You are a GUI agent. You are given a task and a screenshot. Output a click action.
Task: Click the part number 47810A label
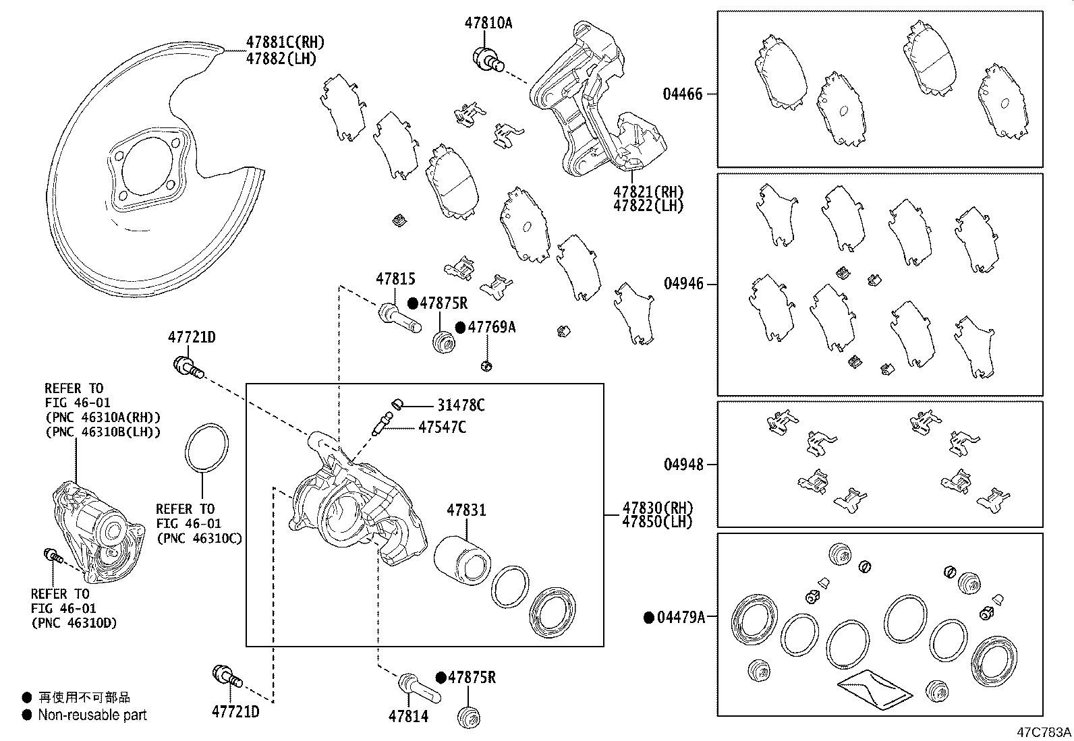(488, 23)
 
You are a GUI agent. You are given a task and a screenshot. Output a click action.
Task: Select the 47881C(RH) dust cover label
(284, 43)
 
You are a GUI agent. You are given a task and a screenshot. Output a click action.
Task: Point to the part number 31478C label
(461, 405)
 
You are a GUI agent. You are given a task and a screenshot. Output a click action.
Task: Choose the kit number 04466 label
(682, 94)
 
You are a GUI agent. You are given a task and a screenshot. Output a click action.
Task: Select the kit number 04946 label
(683, 284)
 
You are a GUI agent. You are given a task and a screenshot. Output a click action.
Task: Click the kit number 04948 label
(683, 465)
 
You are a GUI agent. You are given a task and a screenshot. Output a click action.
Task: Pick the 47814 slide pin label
(408, 716)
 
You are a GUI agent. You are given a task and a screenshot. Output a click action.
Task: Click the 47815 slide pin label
(395, 279)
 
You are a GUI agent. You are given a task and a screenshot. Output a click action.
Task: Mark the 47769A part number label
(491, 328)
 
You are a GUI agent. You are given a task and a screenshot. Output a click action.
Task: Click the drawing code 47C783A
(1044, 731)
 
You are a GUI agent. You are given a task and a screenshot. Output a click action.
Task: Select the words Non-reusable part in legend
(92, 715)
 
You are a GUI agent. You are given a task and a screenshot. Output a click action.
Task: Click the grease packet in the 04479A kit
(875, 690)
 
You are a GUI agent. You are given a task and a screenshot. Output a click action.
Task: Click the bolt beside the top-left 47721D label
(188, 367)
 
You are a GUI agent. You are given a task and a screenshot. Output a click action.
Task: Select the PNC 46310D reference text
(74, 623)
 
